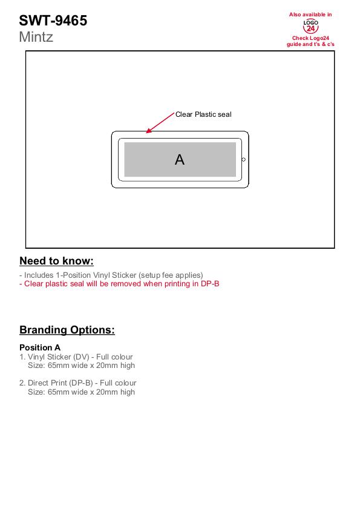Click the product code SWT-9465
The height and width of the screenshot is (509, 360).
[53, 21]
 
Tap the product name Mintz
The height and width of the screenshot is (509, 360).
[36, 37]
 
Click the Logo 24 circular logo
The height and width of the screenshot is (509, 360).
[310, 26]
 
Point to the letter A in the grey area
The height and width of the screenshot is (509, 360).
[180, 159]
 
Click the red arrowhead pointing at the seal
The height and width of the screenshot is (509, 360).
[149, 131]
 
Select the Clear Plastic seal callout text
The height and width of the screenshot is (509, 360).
[203, 114]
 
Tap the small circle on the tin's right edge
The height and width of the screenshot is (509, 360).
[243, 159]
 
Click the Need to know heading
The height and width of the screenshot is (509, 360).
[56, 261]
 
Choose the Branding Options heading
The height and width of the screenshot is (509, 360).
[67, 329]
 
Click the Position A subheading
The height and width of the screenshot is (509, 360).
[40, 347]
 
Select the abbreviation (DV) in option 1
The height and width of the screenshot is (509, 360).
[77, 356]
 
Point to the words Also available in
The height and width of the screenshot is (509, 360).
[310, 15]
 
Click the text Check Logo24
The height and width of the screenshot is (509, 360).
[310, 38]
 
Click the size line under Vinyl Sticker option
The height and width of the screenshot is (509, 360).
[81, 365]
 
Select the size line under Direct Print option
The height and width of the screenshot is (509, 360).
[81, 392]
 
